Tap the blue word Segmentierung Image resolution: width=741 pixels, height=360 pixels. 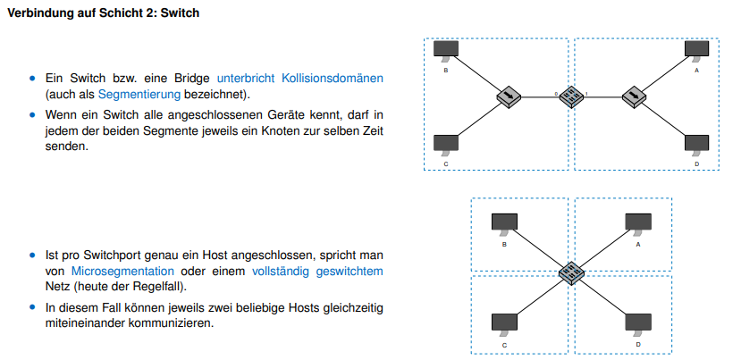pyautogui.click(x=139, y=94)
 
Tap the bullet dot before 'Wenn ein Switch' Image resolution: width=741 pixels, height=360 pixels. pyautogui.click(x=34, y=115)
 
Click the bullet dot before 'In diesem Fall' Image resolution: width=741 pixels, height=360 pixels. pyautogui.click(x=34, y=308)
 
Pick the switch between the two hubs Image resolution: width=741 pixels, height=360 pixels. pyautogui.click(x=571, y=96)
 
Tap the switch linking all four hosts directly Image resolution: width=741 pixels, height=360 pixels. pyautogui.click(x=571, y=273)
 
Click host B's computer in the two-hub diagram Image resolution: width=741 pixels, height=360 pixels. pyautogui.click(x=445, y=48)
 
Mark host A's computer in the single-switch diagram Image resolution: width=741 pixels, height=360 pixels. pyautogui.click(x=637, y=222)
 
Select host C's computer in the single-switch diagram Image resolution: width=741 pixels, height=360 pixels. pyautogui.click(x=504, y=322)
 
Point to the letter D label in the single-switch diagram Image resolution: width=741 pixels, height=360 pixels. pyautogui.click(x=637, y=344)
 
